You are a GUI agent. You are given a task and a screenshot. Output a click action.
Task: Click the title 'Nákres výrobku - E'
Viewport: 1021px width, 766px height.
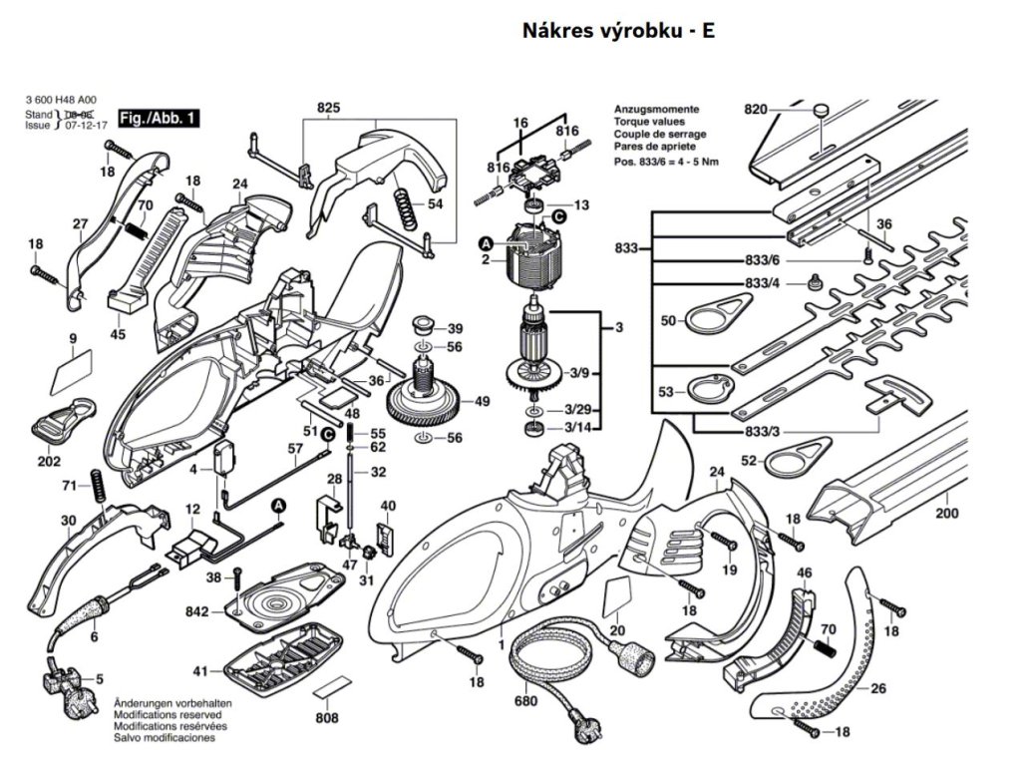[618, 30]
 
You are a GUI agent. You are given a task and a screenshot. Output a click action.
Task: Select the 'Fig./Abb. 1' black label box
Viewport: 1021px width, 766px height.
[158, 119]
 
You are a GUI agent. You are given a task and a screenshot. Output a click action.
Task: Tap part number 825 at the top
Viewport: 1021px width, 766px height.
[328, 107]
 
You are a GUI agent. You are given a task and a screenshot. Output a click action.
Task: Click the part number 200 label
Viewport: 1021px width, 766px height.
[946, 514]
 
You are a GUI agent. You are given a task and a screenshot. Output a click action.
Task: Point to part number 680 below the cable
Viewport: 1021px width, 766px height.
[525, 701]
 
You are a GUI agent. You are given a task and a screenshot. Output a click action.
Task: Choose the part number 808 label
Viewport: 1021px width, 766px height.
[326, 718]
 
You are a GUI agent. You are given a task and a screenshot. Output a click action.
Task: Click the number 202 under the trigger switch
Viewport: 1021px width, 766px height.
[49, 462]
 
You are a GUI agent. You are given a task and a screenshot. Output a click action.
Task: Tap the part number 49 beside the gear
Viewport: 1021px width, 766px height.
[482, 402]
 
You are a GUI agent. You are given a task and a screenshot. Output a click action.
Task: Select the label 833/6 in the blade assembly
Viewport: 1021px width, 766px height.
[761, 259]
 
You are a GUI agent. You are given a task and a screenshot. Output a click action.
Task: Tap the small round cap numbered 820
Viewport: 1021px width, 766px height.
[821, 109]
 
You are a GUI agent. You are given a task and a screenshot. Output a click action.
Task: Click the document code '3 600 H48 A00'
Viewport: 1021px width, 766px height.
[61, 101]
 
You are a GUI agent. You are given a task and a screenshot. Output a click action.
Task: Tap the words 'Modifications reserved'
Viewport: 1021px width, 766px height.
[164, 715]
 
